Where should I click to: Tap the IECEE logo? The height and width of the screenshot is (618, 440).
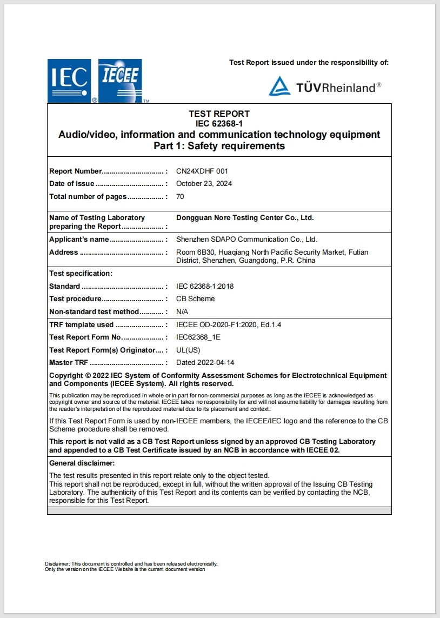click(120, 80)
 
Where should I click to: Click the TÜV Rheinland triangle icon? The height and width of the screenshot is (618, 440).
click(279, 86)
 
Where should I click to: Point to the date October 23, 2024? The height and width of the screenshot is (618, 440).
click(204, 183)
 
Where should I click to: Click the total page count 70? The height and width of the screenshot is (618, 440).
click(180, 196)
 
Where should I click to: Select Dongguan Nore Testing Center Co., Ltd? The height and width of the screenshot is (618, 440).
click(245, 217)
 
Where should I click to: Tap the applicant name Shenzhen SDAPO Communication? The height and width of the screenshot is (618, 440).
click(246, 239)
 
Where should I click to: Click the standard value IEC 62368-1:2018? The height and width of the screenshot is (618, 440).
click(205, 286)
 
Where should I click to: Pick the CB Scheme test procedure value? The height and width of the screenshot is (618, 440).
click(195, 298)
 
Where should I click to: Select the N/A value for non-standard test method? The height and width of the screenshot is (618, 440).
click(182, 311)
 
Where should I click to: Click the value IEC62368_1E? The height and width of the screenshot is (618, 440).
click(198, 337)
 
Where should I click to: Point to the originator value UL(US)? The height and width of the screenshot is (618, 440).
click(188, 350)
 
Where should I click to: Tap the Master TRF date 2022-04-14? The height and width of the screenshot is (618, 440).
click(205, 362)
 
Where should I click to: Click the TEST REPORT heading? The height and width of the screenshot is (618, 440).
click(219, 114)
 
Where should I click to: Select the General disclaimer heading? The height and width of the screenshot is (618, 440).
click(82, 463)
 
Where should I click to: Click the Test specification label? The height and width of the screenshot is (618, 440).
click(81, 273)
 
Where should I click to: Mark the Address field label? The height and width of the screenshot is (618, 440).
click(64, 252)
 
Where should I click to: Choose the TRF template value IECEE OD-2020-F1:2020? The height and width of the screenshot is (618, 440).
click(229, 324)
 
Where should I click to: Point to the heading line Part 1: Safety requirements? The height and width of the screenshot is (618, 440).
click(219, 146)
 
